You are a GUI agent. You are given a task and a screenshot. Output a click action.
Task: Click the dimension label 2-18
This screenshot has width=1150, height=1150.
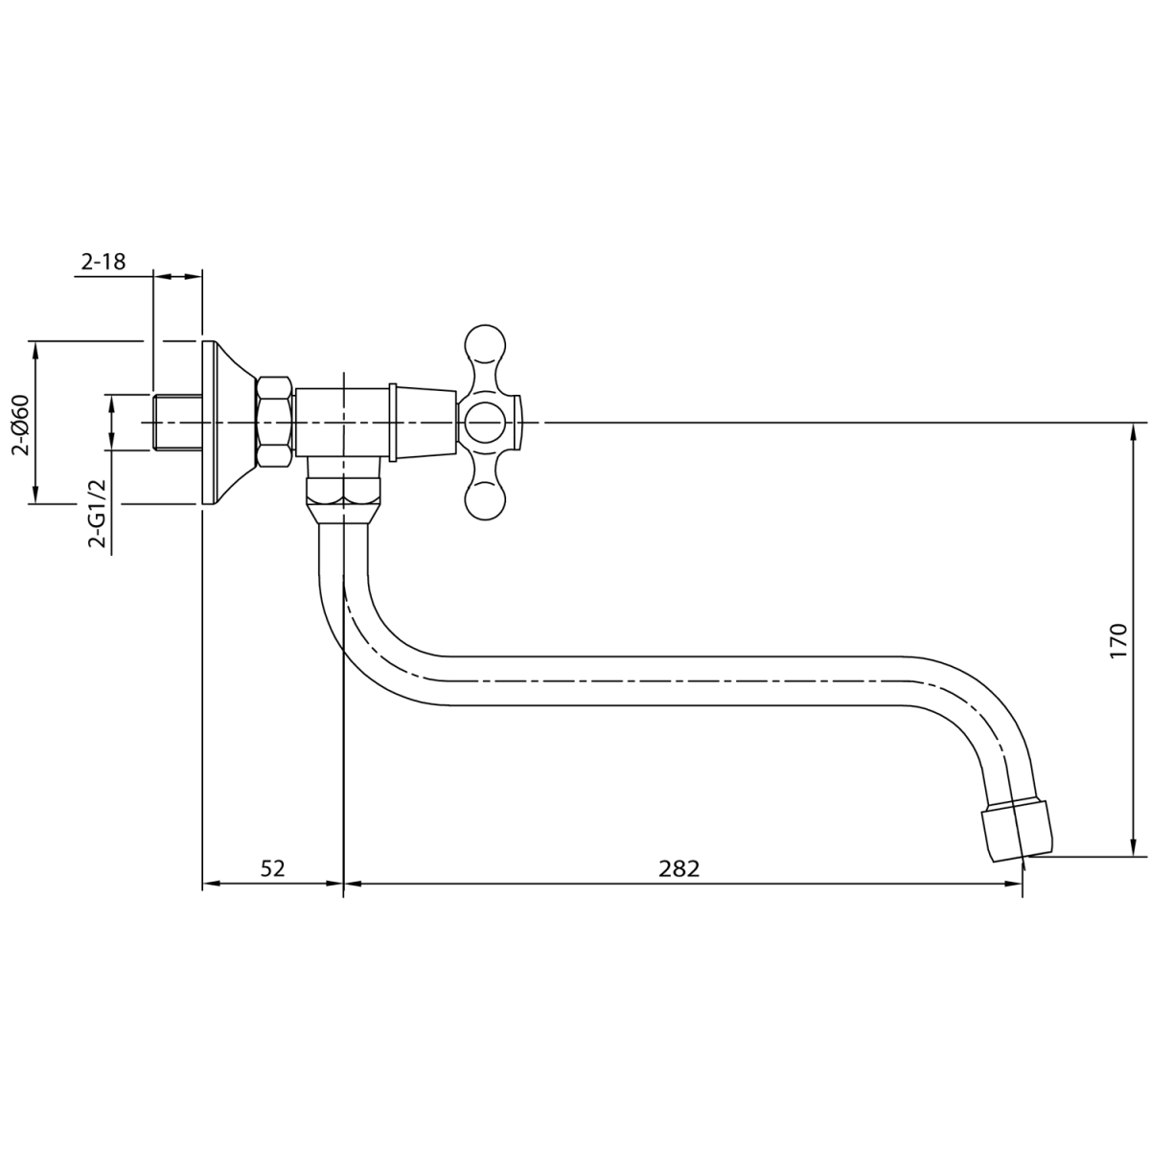coord(103,262)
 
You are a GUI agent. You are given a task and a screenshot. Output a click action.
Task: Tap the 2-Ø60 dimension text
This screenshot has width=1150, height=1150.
coord(21,425)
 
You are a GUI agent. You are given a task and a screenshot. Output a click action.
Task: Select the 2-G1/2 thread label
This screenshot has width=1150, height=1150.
coord(97,513)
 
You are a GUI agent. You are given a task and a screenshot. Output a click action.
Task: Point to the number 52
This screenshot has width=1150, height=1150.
coord(273,868)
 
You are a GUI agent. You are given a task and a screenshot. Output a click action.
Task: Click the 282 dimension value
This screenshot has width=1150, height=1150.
coord(678,868)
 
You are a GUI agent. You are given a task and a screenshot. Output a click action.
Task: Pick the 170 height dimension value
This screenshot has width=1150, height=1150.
coord(1117,641)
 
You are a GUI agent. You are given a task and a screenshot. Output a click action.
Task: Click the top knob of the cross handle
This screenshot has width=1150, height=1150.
coord(485,345)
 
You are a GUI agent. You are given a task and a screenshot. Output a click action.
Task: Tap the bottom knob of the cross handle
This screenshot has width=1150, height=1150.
coord(485,499)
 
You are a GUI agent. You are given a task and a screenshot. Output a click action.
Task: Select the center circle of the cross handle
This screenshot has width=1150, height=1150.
coord(485,422)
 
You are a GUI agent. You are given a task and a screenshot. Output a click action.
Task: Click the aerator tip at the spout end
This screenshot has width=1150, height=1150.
coord(1017,833)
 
